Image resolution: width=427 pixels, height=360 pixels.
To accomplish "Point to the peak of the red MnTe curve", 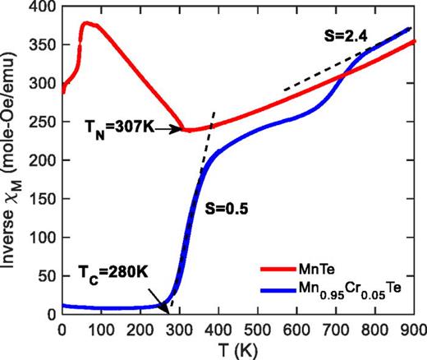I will pyautogui.click(x=86, y=23).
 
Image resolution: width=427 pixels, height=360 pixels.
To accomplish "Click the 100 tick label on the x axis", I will pyautogui.click(x=101, y=327).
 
